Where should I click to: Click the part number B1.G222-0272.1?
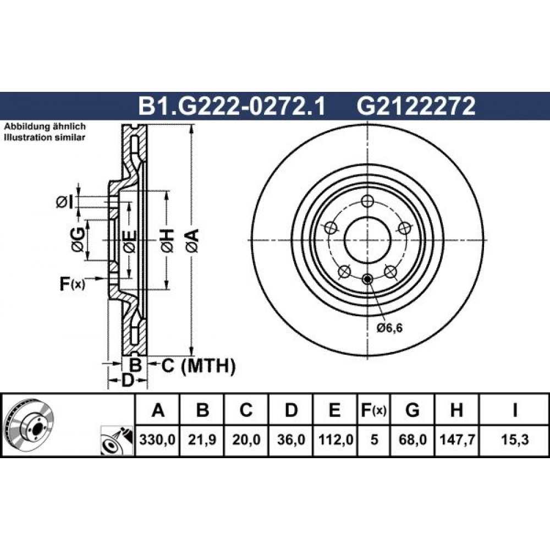point(232,106)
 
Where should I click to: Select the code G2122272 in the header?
point(416,106)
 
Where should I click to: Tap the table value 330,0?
point(157,439)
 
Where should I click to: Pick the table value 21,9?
point(202,439)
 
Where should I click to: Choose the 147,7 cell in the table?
point(457,439)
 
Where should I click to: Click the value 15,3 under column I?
point(515,439)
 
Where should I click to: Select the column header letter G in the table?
point(412,410)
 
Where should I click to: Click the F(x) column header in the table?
point(373,410)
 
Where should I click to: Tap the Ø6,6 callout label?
point(389,328)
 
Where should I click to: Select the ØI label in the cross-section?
point(65,202)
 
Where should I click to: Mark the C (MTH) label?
point(198,366)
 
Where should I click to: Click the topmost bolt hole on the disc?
point(367,201)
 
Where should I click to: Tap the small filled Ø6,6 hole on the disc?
point(367,279)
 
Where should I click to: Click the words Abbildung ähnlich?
point(45,127)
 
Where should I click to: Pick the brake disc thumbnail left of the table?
point(30,424)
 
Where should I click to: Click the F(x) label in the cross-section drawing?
point(72,283)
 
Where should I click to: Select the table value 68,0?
point(413,439)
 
